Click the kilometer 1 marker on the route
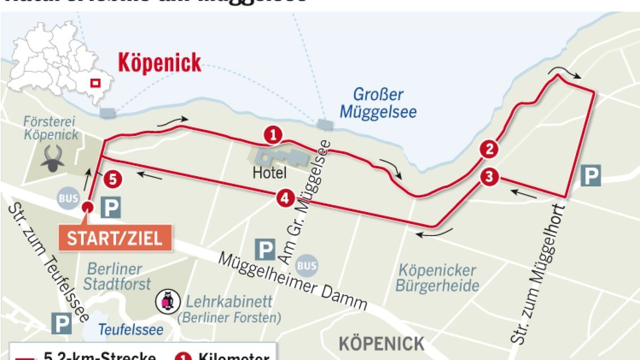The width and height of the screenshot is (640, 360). pos(273,135)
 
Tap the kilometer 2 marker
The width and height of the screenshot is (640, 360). pos(489,149)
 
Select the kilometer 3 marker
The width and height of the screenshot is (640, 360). pos(489,177)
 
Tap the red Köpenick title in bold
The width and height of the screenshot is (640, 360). pos(159,63)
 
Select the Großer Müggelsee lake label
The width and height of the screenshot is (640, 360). pos(378,103)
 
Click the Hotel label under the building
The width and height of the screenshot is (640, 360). pos(269,173)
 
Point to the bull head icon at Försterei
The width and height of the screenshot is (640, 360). pos(54,158)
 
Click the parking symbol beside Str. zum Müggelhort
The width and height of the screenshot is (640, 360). pos(590,175)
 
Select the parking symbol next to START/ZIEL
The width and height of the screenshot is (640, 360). pos(110,207)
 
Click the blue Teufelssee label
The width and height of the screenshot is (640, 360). pos(130,330)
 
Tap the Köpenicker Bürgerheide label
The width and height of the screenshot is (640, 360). pos(437,278)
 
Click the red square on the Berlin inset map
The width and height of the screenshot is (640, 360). pos(95,83)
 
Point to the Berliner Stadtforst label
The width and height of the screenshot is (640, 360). pos(116,276)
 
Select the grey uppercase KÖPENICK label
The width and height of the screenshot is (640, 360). pos(381,343)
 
